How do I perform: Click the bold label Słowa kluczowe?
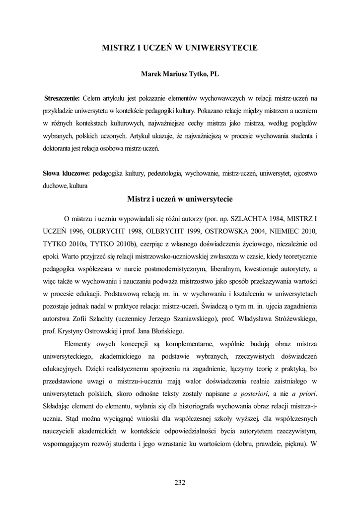(x=66, y=174)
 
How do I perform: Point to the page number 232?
(x=180, y=482)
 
